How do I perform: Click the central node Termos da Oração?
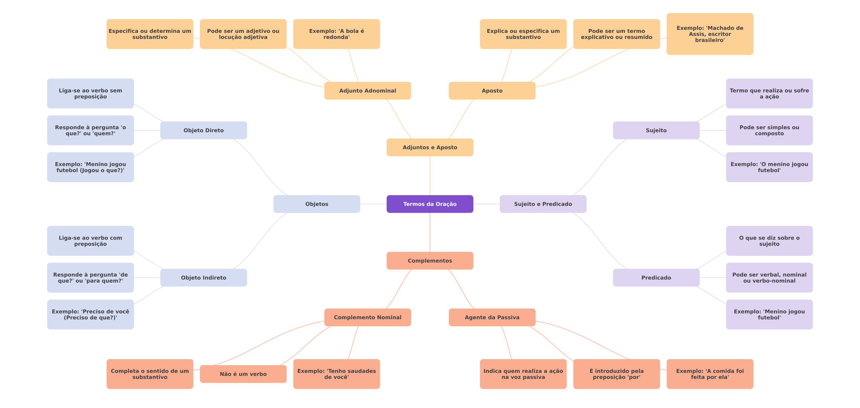430,204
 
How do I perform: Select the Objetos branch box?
316,204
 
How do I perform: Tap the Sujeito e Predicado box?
543,204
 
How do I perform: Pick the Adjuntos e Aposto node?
430,147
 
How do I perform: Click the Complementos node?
430,261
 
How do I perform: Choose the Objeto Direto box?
203,130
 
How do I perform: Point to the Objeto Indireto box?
203,278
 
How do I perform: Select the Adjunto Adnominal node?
367,91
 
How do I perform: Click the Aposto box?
492,91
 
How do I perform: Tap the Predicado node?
656,278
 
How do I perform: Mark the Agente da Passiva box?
492,317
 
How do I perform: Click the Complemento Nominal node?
367,317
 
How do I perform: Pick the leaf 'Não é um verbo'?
243,374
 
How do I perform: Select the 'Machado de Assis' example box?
709,34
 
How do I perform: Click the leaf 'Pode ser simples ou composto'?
769,130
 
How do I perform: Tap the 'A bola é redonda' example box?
336,34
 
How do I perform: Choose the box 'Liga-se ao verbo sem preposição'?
90,93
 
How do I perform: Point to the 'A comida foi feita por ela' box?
709,374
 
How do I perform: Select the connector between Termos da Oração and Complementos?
430,232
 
